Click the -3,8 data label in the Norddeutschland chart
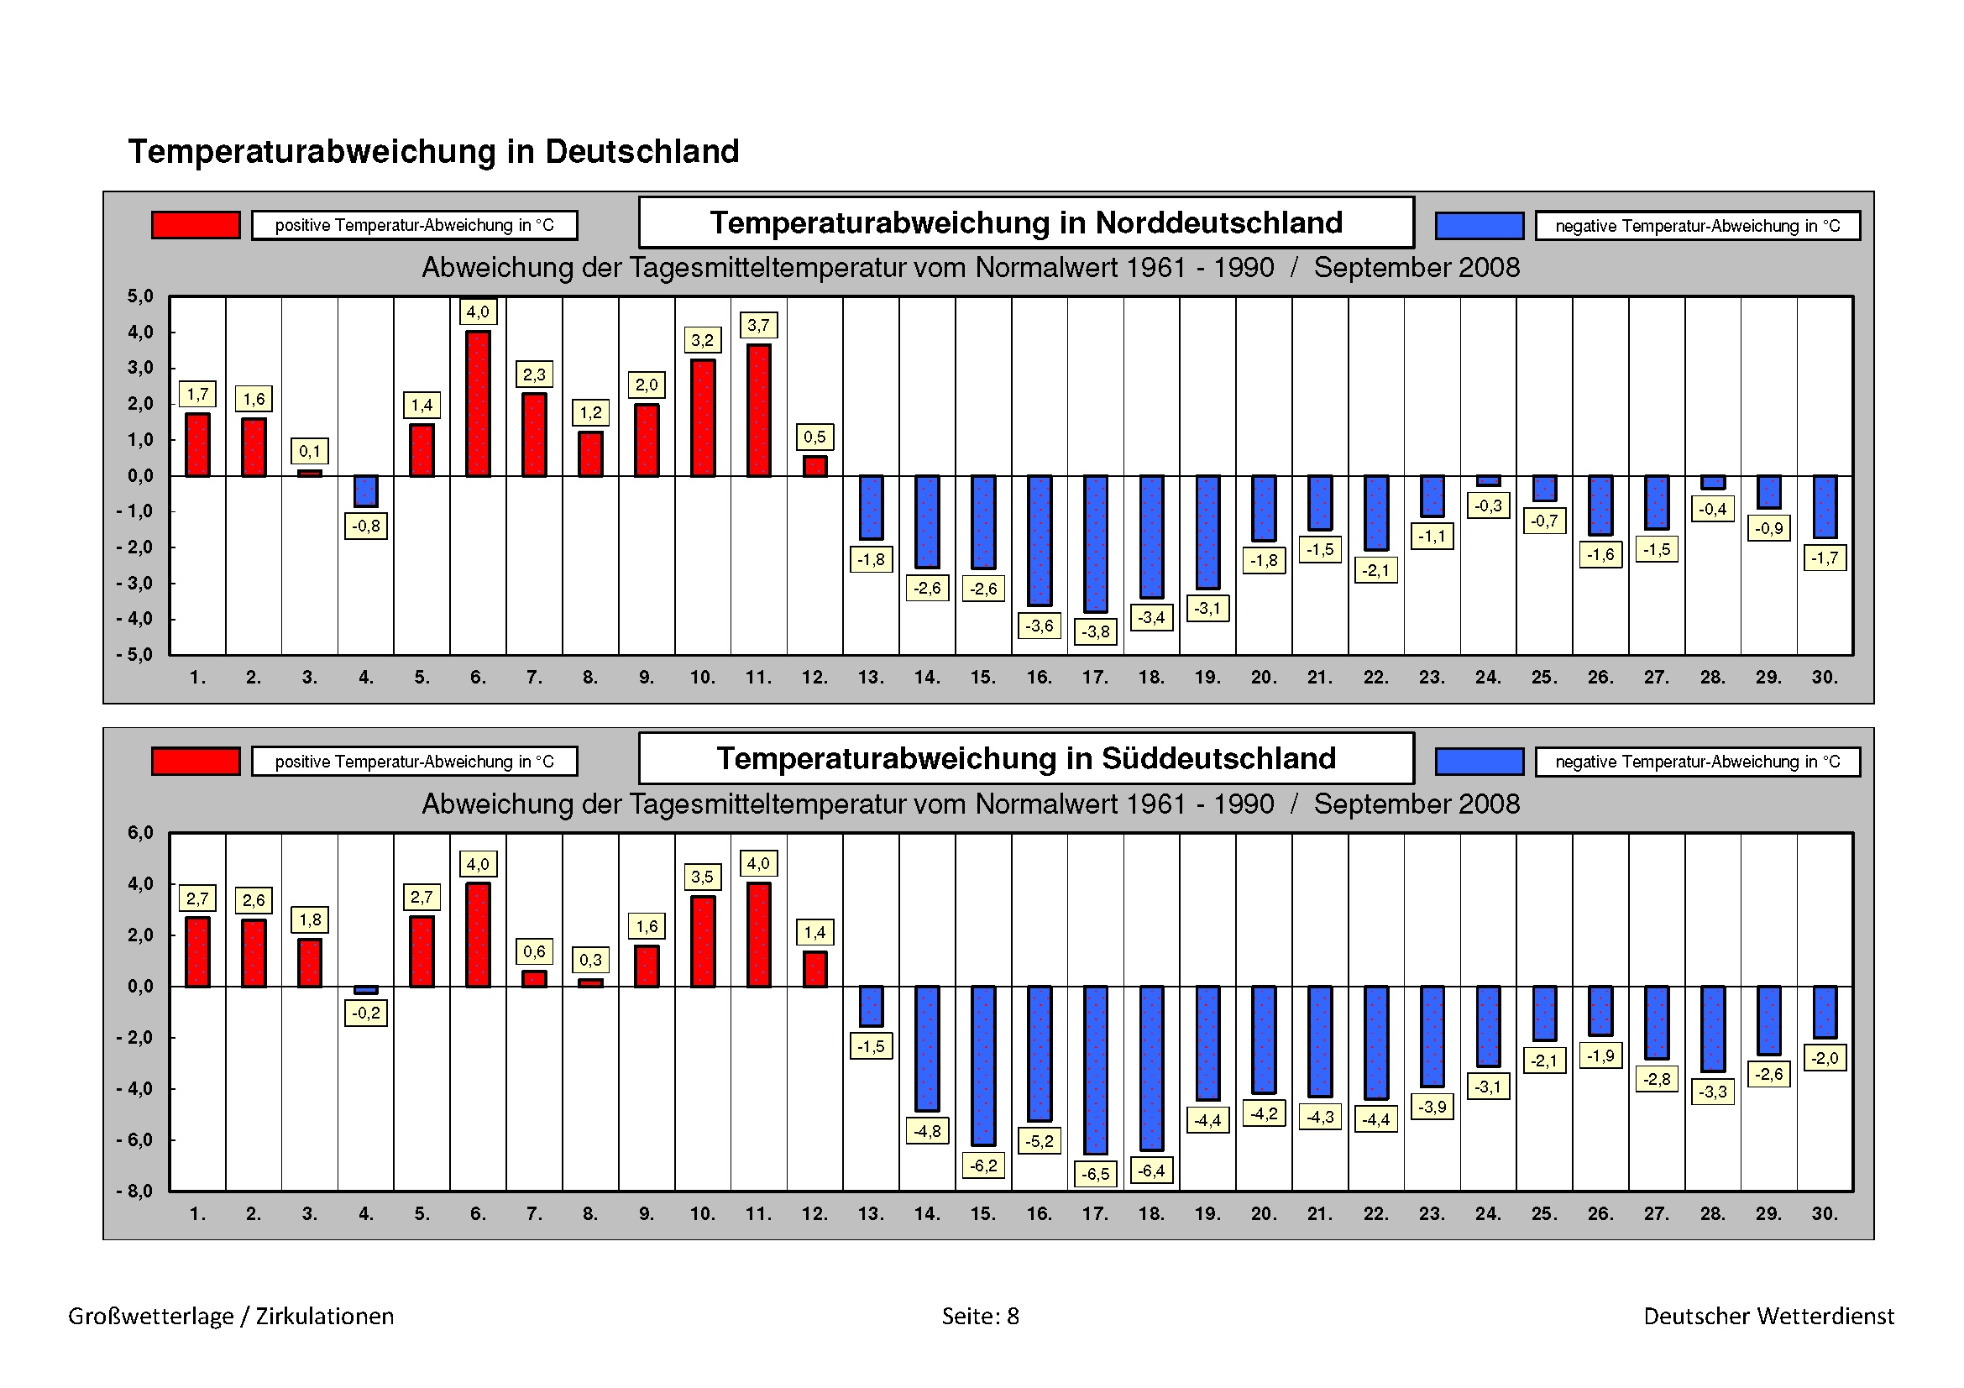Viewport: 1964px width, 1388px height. tap(1095, 632)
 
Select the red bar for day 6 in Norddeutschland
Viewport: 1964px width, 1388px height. tap(478, 403)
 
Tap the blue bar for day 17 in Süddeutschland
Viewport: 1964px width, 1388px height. tap(1095, 1069)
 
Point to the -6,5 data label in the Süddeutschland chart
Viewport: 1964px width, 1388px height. tap(1095, 1173)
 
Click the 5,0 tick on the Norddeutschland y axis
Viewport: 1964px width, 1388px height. tap(140, 296)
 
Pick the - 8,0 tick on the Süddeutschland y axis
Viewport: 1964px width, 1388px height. tap(135, 1191)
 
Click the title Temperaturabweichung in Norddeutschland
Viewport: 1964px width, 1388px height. tap(1025, 223)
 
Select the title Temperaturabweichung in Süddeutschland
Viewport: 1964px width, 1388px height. tap(1025, 758)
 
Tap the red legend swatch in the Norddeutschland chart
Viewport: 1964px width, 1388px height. tap(196, 225)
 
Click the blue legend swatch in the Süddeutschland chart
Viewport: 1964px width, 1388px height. tap(1479, 761)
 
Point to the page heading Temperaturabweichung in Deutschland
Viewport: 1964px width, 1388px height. tap(433, 151)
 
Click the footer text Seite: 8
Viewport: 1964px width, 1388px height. tap(980, 1315)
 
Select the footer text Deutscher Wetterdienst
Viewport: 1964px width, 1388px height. tap(1768, 1315)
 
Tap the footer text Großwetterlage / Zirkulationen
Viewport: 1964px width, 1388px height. tap(231, 1315)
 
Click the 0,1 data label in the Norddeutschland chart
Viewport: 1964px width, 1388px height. tap(310, 451)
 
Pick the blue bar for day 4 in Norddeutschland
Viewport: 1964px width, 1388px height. tap(366, 491)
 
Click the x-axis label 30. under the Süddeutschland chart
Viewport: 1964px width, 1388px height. tap(1824, 1213)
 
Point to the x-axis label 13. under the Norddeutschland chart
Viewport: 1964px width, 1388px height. tap(871, 678)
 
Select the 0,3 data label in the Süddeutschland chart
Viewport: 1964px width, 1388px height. tap(590, 960)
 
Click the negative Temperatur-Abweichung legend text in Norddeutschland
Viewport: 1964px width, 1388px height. tap(1697, 226)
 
